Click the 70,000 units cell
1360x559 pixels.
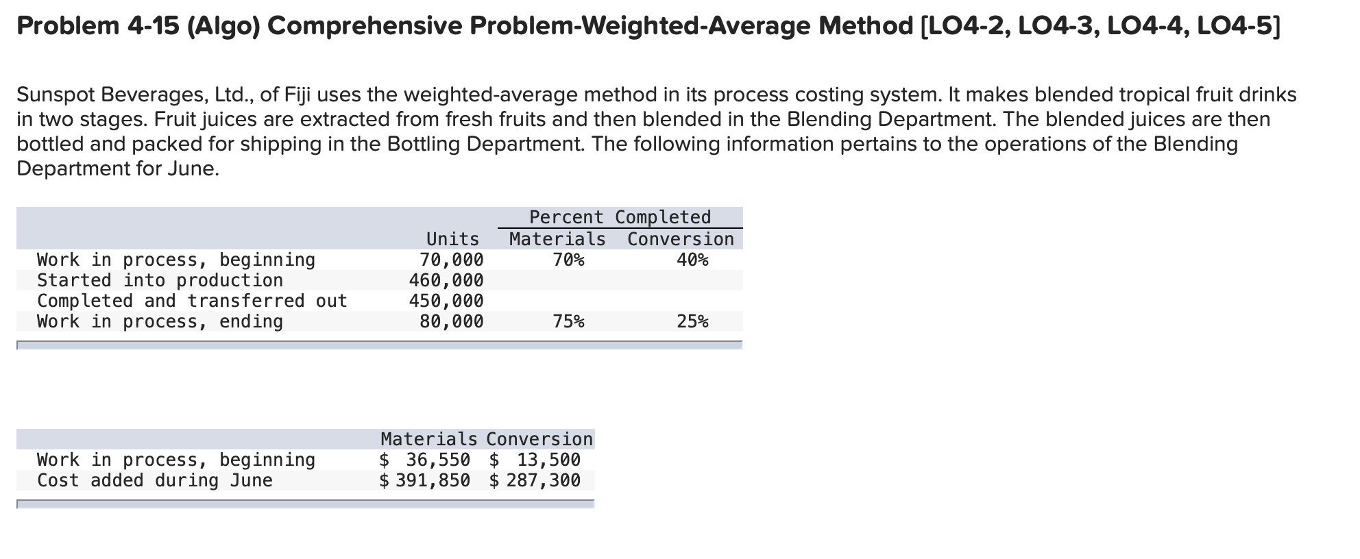click(x=451, y=260)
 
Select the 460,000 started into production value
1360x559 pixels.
click(x=446, y=280)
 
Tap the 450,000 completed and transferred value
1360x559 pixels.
click(x=446, y=301)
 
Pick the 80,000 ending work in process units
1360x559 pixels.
click(x=451, y=321)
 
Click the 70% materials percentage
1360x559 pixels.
click(x=568, y=260)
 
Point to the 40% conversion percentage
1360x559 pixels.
click(x=692, y=260)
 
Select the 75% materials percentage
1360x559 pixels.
click(x=568, y=321)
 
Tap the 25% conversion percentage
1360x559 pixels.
click(x=692, y=321)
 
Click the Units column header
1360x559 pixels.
click(x=452, y=239)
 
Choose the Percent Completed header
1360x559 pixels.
click(x=620, y=217)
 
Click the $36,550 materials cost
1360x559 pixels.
click(x=426, y=460)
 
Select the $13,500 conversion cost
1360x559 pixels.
click(x=535, y=460)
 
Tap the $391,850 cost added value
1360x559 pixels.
click(x=426, y=480)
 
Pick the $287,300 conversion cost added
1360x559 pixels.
click(x=535, y=480)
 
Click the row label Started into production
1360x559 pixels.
click(x=160, y=280)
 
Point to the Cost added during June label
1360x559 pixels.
click(x=155, y=480)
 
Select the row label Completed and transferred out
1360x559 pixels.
click(x=192, y=301)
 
